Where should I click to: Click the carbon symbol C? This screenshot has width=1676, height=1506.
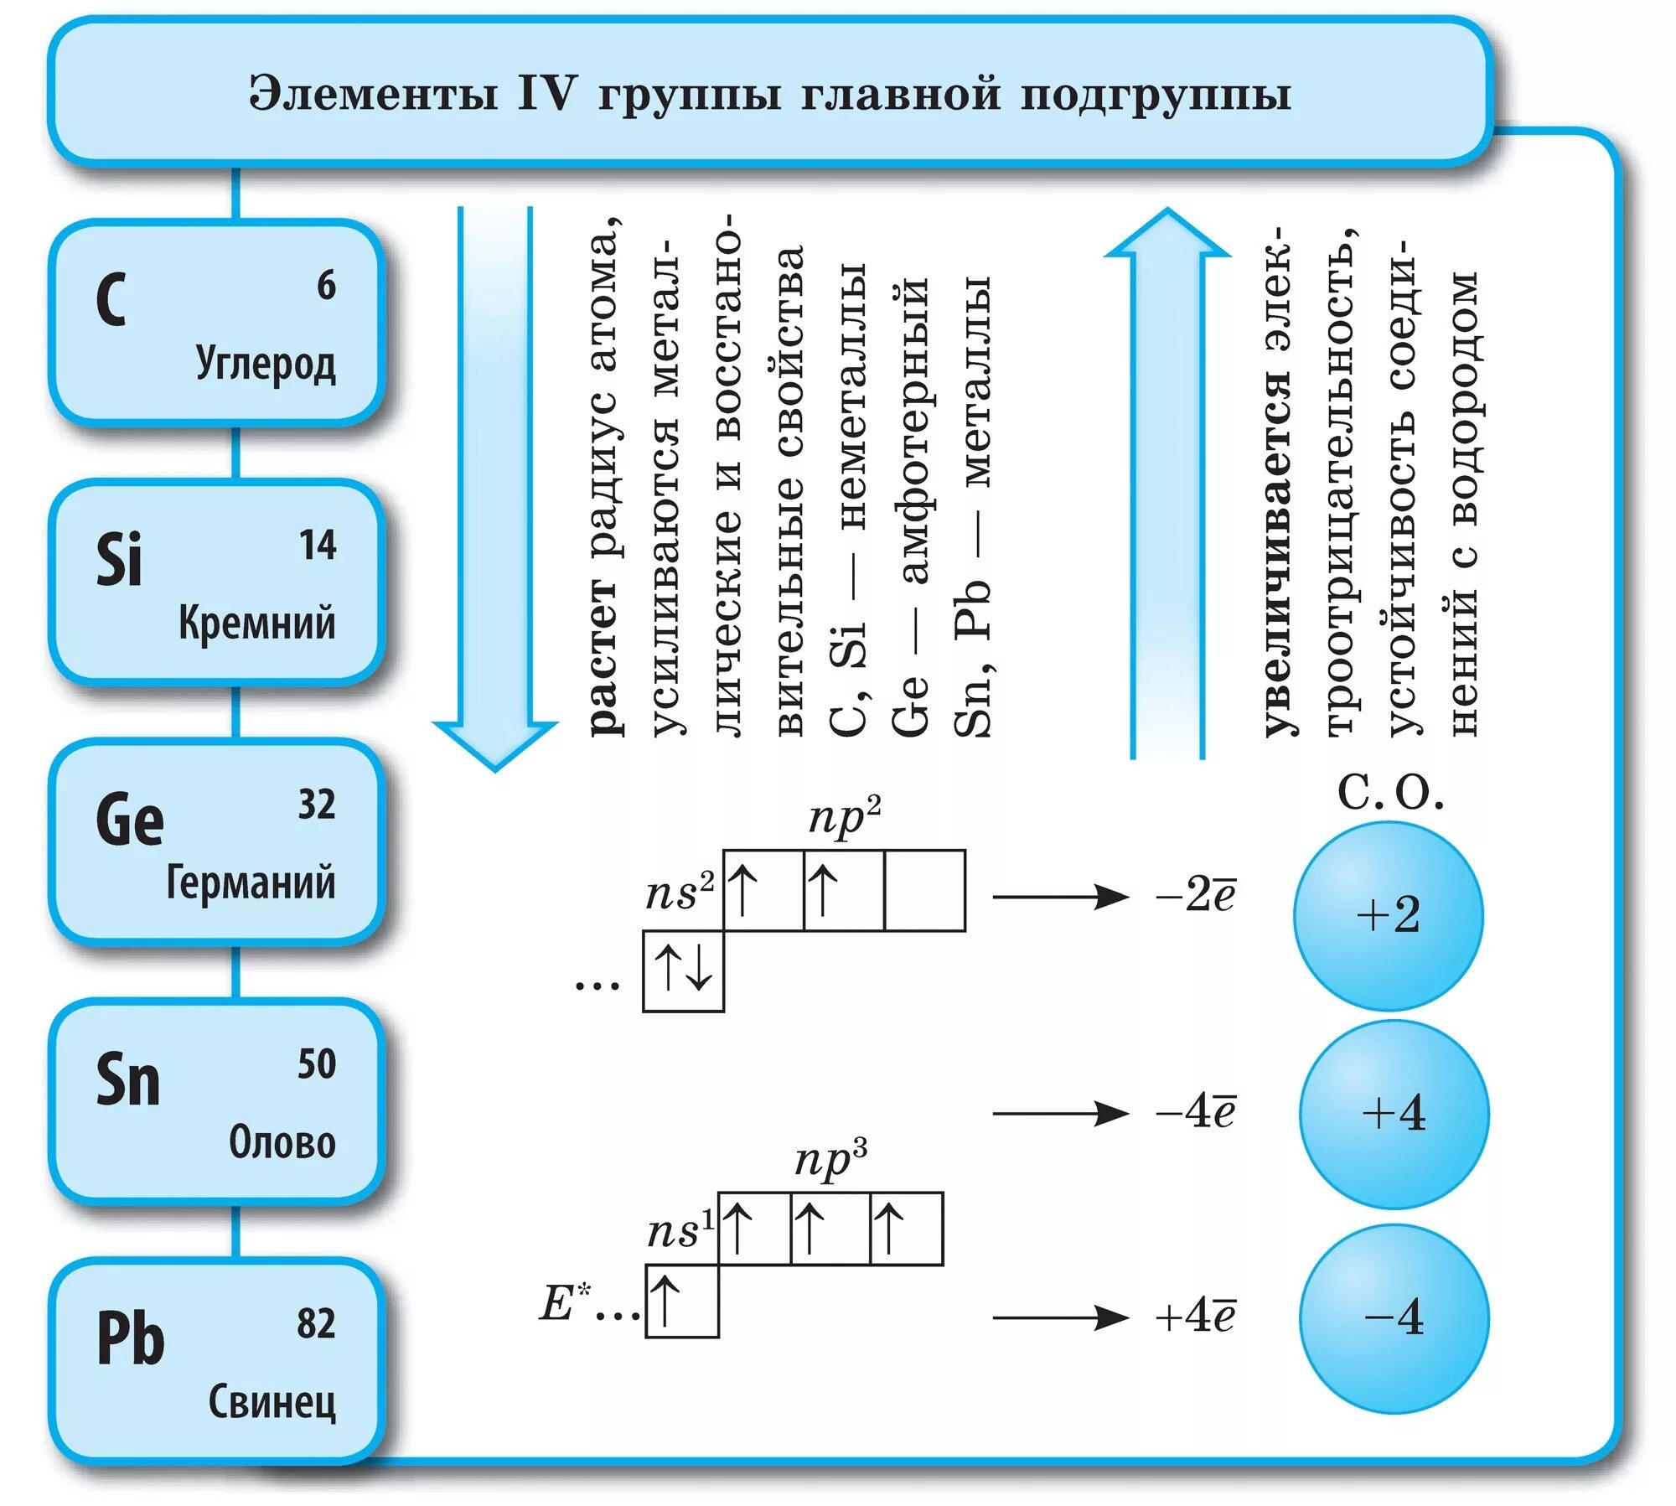point(111,299)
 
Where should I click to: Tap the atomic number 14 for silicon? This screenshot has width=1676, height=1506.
point(318,545)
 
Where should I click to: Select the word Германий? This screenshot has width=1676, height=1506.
point(251,882)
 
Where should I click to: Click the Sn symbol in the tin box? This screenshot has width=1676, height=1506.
point(127,1079)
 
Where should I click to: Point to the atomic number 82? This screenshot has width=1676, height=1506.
point(316,1323)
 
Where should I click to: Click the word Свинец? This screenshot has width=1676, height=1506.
point(272,1402)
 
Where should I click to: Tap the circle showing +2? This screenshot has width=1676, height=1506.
point(1388,915)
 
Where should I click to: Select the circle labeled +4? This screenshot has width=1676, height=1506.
point(1394,1114)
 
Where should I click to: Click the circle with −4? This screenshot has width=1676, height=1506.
point(1394,1317)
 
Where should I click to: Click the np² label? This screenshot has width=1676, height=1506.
point(845,815)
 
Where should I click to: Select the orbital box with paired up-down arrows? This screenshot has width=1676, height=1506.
point(683,970)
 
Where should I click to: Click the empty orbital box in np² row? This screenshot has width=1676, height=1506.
point(924,890)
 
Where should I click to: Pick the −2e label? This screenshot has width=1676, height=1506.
point(1195,895)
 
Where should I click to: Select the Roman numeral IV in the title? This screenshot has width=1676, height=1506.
point(547,93)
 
